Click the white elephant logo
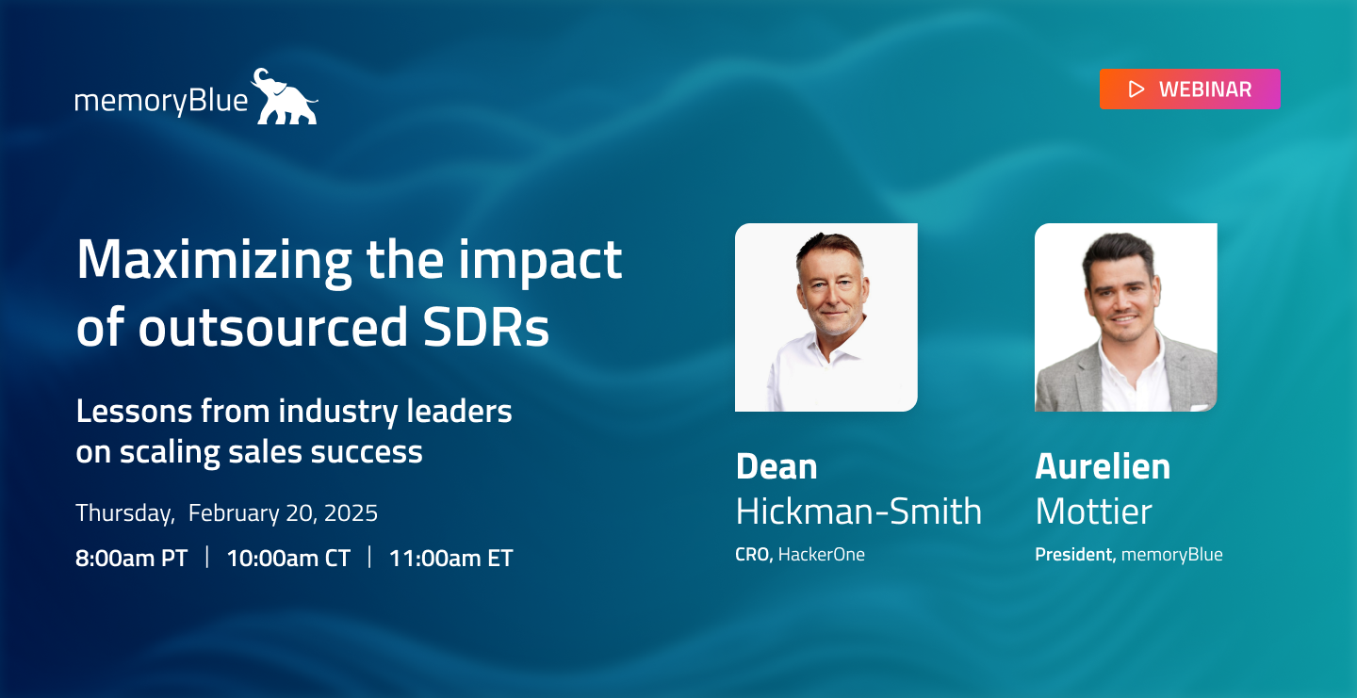pyautogui.click(x=285, y=97)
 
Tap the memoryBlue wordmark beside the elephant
pyautogui.click(x=161, y=101)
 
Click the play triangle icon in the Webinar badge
pyautogui.click(x=1136, y=89)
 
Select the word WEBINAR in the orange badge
pyautogui.click(x=1205, y=89)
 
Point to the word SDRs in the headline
pyautogui.click(x=486, y=327)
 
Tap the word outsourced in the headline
pyautogui.click(x=273, y=327)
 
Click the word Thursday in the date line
pyautogui.click(x=124, y=513)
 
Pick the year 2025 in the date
pyautogui.click(x=351, y=513)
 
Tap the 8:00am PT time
pyautogui.click(x=132, y=559)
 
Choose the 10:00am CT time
pyautogui.click(x=288, y=559)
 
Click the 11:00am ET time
pyautogui.click(x=450, y=559)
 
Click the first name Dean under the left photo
pyautogui.click(x=777, y=466)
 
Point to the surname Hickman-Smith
pyautogui.click(x=858, y=511)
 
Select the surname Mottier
pyautogui.click(x=1093, y=511)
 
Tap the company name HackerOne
pyautogui.click(x=822, y=555)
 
